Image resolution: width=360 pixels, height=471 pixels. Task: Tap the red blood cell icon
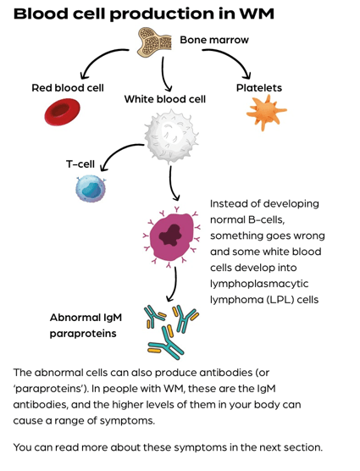[x=62, y=111]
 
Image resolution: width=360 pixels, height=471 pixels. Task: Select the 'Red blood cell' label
[x=68, y=87]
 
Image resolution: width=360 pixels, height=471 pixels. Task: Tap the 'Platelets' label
[x=259, y=87]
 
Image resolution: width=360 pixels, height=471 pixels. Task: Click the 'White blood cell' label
[x=165, y=99]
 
